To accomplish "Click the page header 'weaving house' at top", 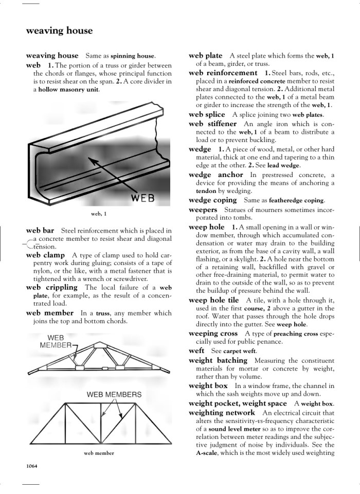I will point(59,31).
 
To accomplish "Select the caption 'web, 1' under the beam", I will point(99,214).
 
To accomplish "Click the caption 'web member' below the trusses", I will point(99,453).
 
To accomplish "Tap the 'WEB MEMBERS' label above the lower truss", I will point(114,395).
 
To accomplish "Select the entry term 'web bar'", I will point(40,231).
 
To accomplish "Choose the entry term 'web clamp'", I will point(45,255).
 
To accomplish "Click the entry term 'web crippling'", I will point(51,287).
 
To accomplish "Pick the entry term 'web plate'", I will point(206,56).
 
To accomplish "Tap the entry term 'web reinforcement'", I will point(223,73).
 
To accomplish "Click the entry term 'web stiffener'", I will point(212,124).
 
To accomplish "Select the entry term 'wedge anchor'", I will point(216,175).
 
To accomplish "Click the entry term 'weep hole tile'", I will point(214,300).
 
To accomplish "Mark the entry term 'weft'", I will point(196,351).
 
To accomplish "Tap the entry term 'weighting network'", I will point(222,413).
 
